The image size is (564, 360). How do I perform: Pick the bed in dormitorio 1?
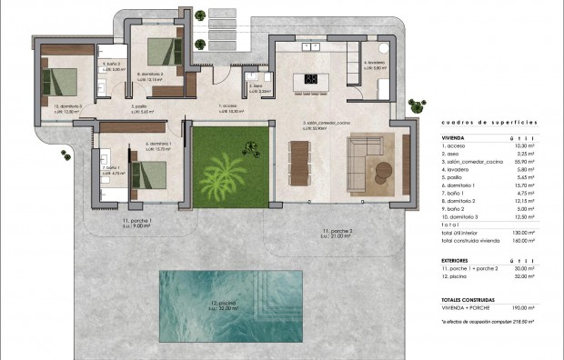click(146, 173)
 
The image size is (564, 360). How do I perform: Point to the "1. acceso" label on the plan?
click(229, 105)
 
